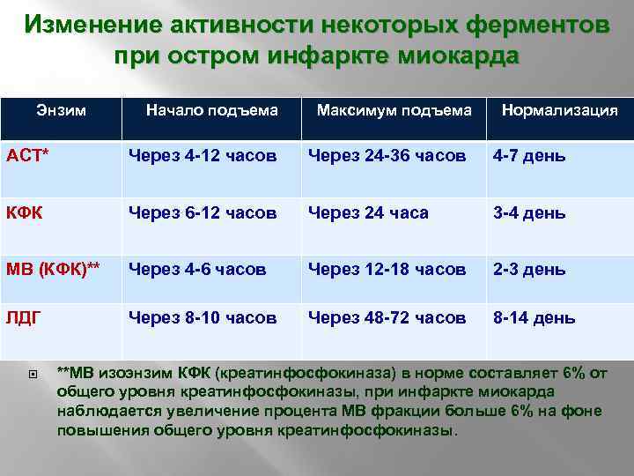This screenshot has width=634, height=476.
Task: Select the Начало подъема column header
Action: click(x=211, y=110)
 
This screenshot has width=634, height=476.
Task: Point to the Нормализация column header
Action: click(x=559, y=110)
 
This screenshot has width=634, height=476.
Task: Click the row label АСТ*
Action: click(x=29, y=156)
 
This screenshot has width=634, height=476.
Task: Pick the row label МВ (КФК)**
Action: click(x=55, y=269)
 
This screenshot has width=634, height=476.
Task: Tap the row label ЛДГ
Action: click(x=25, y=316)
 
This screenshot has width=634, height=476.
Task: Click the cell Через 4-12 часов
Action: click(x=203, y=156)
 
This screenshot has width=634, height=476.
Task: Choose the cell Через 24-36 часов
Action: click(x=387, y=156)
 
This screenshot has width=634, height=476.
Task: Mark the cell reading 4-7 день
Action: click(x=529, y=156)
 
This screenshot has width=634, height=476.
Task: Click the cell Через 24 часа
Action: click(x=368, y=212)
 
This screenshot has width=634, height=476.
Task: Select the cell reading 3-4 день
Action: click(x=529, y=212)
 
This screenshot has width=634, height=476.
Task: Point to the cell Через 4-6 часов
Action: click(x=197, y=269)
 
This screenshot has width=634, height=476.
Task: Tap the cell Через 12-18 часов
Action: click(x=387, y=269)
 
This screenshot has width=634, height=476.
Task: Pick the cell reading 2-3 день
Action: click(x=529, y=269)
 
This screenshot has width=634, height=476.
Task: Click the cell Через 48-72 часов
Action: click(x=387, y=316)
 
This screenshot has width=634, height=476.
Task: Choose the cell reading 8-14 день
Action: click(x=534, y=316)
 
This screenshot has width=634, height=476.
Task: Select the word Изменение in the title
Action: click(x=83, y=25)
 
